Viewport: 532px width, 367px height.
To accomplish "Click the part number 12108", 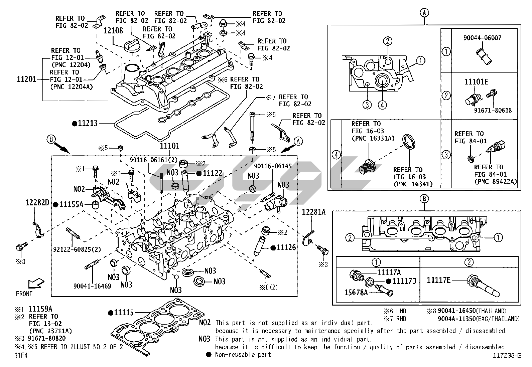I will [x=113, y=31].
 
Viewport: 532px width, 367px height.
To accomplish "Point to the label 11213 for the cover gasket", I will [x=88, y=123].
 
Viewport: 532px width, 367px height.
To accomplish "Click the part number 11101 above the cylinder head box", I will [x=169, y=146].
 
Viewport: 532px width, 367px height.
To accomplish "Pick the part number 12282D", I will [x=37, y=203].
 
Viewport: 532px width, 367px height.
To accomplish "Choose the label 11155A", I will [x=72, y=204].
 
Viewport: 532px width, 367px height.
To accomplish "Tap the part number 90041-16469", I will [x=93, y=286].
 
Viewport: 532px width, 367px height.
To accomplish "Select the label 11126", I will [x=286, y=247].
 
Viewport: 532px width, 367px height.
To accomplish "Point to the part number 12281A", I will [x=313, y=212].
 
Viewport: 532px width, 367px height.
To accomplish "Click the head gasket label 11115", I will [x=124, y=313].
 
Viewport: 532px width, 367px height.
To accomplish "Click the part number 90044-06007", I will [x=482, y=38].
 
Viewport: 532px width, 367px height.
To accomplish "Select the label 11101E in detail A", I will [x=476, y=82].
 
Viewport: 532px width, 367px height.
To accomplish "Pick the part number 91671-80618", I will [x=493, y=111].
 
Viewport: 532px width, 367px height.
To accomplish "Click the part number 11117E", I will [x=438, y=280].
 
